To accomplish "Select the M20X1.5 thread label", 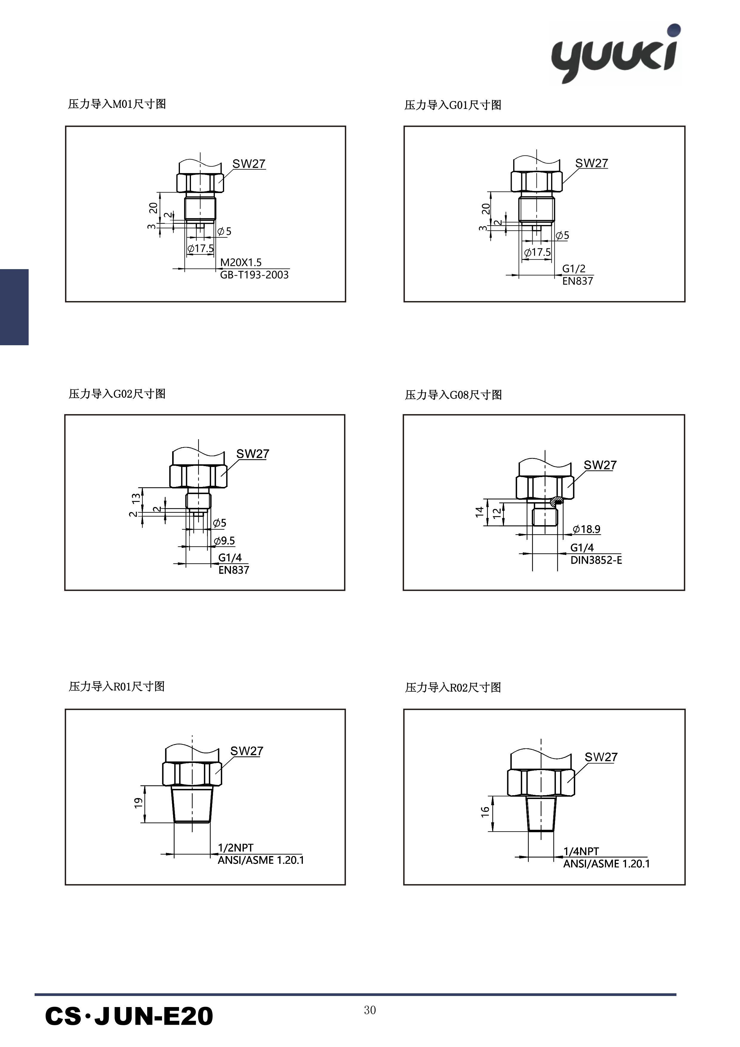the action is coord(241,262).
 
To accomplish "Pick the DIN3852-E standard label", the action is coord(596,560).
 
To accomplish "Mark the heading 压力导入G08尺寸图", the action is coord(453,395).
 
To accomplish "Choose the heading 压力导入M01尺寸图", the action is coord(117,104).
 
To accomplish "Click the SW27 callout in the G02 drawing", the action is coord(253,454).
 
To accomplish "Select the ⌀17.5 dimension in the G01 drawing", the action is coord(537,252).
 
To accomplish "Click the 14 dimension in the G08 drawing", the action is coord(479,512).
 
